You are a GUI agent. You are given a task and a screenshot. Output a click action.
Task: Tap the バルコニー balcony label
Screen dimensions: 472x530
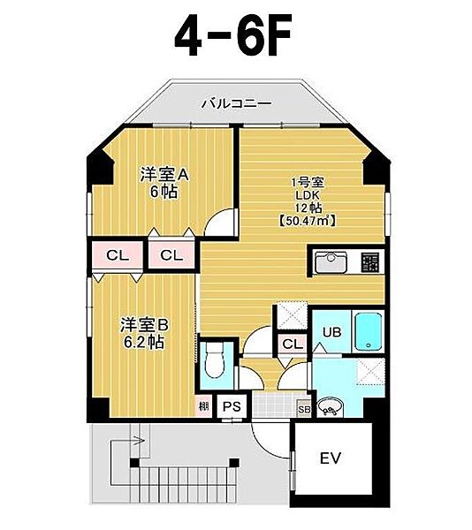(x=237, y=103)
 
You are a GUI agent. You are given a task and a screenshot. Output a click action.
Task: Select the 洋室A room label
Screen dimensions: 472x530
(x=164, y=175)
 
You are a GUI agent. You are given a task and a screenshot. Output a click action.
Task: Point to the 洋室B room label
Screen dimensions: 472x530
(x=144, y=325)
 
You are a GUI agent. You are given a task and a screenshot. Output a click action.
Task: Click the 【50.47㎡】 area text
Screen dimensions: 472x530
(x=308, y=221)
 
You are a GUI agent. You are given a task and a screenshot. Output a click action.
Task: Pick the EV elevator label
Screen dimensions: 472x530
(x=331, y=458)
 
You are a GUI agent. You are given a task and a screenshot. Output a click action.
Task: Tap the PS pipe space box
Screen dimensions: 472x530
(x=232, y=406)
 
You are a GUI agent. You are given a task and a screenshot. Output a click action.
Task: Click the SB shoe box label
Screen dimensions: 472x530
(x=304, y=409)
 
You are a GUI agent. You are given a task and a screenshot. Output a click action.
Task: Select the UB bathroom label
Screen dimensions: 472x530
(x=331, y=332)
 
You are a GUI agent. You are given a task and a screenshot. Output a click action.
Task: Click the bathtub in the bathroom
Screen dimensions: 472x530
(x=369, y=331)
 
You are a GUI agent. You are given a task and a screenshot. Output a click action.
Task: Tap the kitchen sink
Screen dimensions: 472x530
(x=331, y=262)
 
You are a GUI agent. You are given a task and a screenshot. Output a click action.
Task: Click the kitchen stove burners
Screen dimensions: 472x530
(x=369, y=262)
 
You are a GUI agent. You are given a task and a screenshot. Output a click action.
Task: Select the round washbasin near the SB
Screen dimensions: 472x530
(x=331, y=408)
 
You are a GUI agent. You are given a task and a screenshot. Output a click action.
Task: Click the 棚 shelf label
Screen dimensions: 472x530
(x=204, y=405)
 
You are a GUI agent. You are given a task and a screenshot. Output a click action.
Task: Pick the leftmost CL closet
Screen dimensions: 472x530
(x=118, y=255)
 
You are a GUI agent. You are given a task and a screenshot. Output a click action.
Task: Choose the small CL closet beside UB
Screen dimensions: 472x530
(x=293, y=344)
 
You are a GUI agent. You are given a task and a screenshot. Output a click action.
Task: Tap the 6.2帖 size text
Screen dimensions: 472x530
(x=144, y=343)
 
